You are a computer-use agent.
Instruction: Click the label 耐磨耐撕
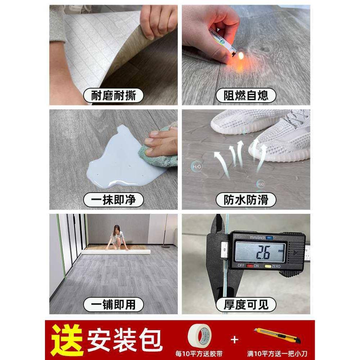click(x=113, y=96)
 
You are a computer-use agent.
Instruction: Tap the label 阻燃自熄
click(x=246, y=96)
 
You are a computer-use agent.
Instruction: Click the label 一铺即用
click(x=113, y=305)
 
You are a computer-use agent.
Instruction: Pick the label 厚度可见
click(x=246, y=305)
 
